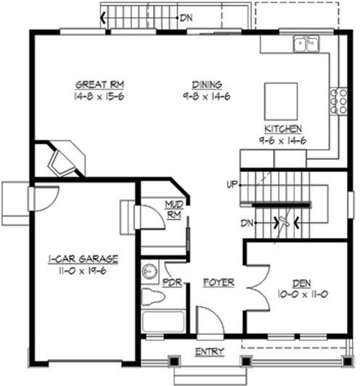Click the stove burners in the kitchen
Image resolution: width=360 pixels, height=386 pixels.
337,101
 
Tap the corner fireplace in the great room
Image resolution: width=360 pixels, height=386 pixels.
65,159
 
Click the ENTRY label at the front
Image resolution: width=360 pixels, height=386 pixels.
210,352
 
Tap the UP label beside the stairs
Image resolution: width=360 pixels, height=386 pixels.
232,184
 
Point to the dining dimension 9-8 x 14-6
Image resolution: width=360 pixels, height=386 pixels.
207,95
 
